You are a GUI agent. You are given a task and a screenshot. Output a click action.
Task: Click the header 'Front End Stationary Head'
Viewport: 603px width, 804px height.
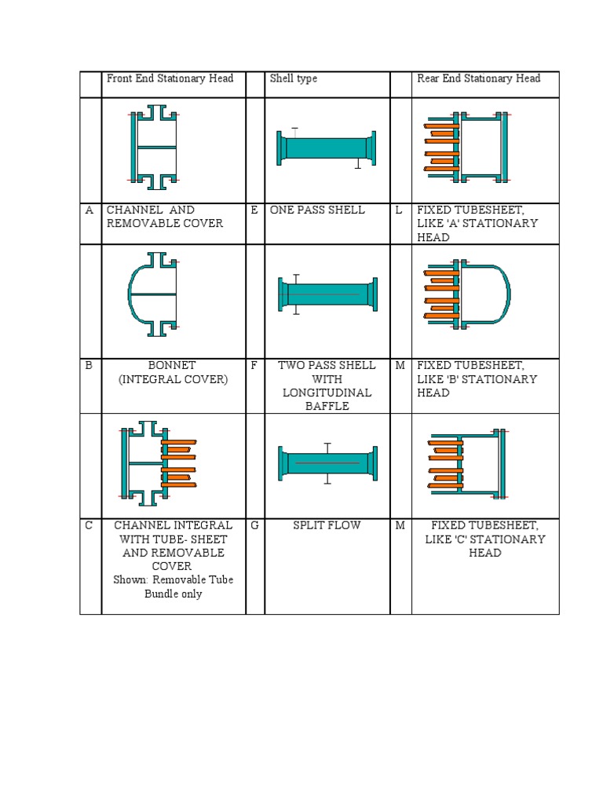pyautogui.click(x=170, y=79)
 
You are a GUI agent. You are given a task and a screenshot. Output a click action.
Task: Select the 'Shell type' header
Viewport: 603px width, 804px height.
pyautogui.click(x=294, y=79)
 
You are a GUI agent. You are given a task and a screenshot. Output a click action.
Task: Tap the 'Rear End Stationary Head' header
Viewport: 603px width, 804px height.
pyautogui.click(x=478, y=79)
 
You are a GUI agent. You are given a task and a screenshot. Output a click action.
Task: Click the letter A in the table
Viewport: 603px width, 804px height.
pyautogui.click(x=90, y=210)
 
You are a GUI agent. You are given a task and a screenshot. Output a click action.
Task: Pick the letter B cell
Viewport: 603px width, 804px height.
pyautogui.click(x=90, y=365)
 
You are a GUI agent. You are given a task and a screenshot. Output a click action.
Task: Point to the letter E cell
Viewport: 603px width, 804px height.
pyautogui.click(x=254, y=210)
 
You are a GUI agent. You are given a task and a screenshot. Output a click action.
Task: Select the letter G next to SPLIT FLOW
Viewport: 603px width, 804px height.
pyautogui.click(x=254, y=525)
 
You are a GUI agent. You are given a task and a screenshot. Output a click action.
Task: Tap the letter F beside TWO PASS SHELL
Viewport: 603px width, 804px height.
pyautogui.click(x=254, y=365)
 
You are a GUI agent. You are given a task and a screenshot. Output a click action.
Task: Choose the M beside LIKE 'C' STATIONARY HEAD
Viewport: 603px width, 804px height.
pyautogui.click(x=400, y=525)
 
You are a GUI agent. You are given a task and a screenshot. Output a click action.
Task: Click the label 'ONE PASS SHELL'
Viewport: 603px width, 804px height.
pyautogui.click(x=317, y=210)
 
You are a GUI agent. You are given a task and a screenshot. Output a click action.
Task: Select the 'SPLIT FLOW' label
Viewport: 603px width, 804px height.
pyautogui.click(x=327, y=525)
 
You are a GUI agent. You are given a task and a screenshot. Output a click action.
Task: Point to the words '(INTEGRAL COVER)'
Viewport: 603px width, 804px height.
pyautogui.click(x=173, y=379)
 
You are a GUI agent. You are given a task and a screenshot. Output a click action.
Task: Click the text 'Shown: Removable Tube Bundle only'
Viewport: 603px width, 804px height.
pyautogui.click(x=173, y=587)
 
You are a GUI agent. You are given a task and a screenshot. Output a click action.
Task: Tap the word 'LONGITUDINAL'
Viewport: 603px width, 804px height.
pyautogui.click(x=327, y=393)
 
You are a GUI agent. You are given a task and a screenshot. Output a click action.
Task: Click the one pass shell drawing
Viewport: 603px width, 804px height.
pyautogui.click(x=326, y=148)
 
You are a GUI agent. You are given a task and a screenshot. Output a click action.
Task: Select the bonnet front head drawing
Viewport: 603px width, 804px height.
pyautogui.click(x=154, y=294)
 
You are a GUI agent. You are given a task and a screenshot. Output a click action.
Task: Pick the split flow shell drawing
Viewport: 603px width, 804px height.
pyautogui.click(x=327, y=462)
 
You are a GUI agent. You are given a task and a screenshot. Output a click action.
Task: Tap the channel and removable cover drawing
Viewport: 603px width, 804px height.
pyautogui.click(x=154, y=147)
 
